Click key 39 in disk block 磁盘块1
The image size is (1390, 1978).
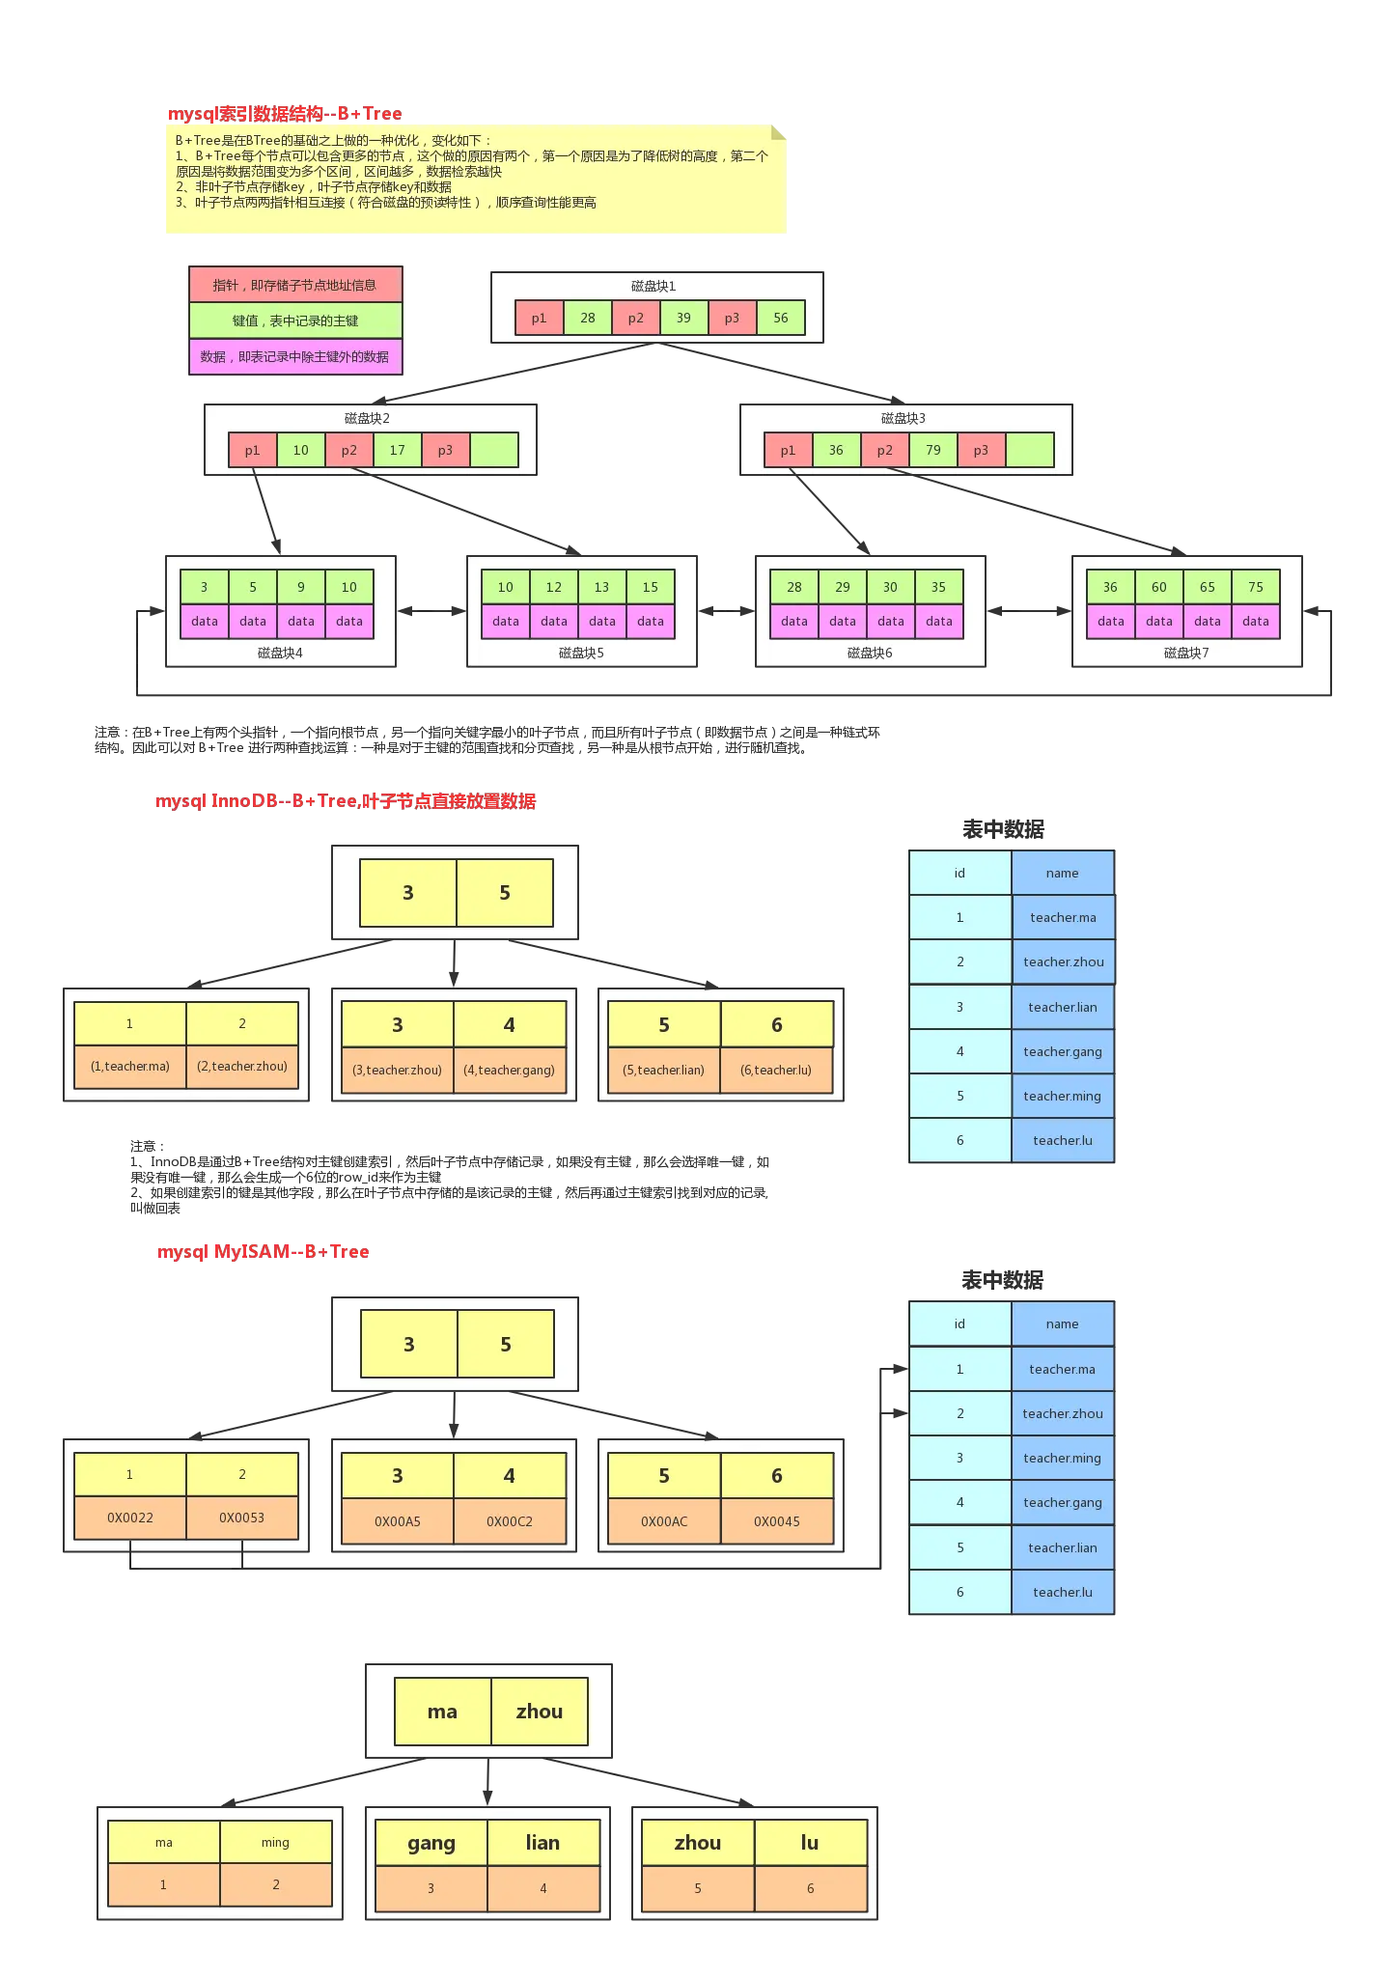pos(683,318)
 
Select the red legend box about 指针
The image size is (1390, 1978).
pos(294,285)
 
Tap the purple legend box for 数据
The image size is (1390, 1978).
pos(294,356)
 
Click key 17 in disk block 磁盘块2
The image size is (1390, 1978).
pos(397,450)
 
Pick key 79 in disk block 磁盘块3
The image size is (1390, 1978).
pos(932,450)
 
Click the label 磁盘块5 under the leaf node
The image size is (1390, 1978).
pos(581,653)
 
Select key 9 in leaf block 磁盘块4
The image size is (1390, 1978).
pos(300,586)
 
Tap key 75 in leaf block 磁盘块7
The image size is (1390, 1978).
pos(1255,586)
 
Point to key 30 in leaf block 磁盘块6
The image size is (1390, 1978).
pos(890,586)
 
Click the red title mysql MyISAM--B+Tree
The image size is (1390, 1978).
pos(263,1251)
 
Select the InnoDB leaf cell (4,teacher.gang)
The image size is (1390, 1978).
pos(509,1070)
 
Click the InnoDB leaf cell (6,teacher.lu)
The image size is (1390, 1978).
pos(776,1070)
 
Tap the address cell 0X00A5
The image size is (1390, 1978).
pos(398,1521)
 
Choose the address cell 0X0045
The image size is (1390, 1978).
pos(776,1521)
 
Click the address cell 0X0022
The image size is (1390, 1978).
pos(130,1518)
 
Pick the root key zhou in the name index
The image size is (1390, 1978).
pos(539,1712)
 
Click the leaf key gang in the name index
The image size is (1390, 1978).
pos(431,1843)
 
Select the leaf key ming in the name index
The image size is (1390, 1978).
pos(275,1843)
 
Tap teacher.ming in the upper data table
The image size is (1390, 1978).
pos(1062,1096)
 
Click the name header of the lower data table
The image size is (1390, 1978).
pos(1062,1323)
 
